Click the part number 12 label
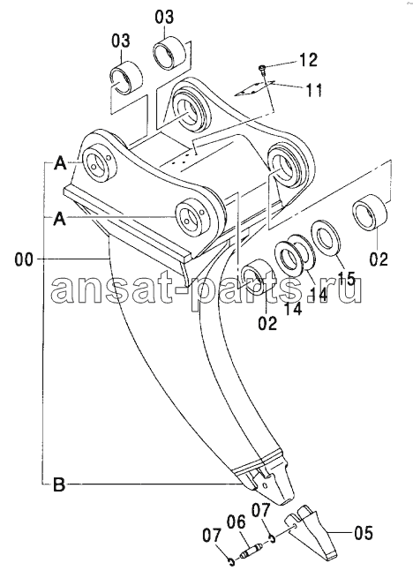[x=308, y=60]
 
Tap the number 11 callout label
[x=313, y=90]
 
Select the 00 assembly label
[x=24, y=259]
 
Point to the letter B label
[x=59, y=484]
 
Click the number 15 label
[x=346, y=278]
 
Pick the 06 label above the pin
[x=236, y=522]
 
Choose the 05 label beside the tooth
[x=363, y=533]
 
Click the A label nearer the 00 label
[x=60, y=220]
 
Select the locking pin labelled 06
[x=250, y=552]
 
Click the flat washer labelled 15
[x=327, y=238]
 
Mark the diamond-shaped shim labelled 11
[x=254, y=88]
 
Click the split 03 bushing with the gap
[x=126, y=77]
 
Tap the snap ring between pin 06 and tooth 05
[x=273, y=539]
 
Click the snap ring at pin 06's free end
[x=231, y=561]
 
